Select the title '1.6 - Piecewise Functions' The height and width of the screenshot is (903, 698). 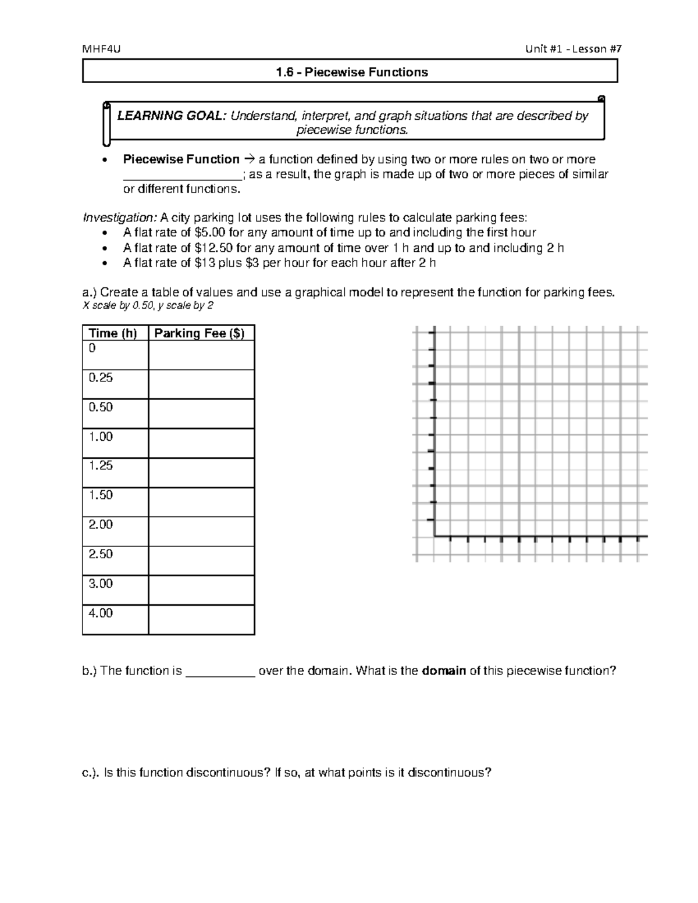(x=352, y=72)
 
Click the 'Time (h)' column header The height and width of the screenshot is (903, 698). (x=113, y=333)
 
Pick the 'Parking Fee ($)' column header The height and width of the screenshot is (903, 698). (x=200, y=333)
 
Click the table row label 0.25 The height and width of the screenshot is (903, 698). (x=101, y=378)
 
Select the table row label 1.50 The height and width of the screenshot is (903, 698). (x=101, y=495)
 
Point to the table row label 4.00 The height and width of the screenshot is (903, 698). (x=101, y=613)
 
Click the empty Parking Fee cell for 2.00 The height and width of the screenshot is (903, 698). (x=201, y=531)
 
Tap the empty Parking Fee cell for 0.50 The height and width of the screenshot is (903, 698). (x=201, y=413)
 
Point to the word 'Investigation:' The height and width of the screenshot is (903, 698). (x=120, y=218)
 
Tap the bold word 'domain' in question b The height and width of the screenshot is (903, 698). (x=444, y=671)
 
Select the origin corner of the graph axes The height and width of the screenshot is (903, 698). (x=435, y=536)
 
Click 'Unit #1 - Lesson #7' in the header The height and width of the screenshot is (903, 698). (x=573, y=49)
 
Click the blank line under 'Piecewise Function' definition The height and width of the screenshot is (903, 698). (x=182, y=177)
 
